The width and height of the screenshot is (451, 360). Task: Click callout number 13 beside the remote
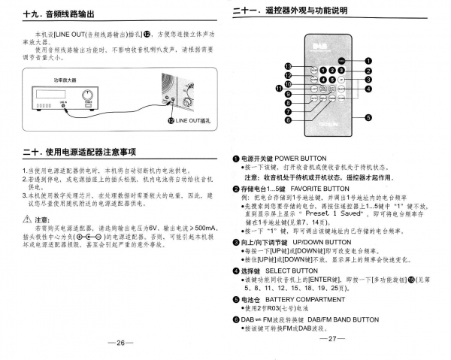click(287, 65)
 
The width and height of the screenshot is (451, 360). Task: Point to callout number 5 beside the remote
click(368, 116)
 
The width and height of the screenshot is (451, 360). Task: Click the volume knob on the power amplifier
click(89, 98)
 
